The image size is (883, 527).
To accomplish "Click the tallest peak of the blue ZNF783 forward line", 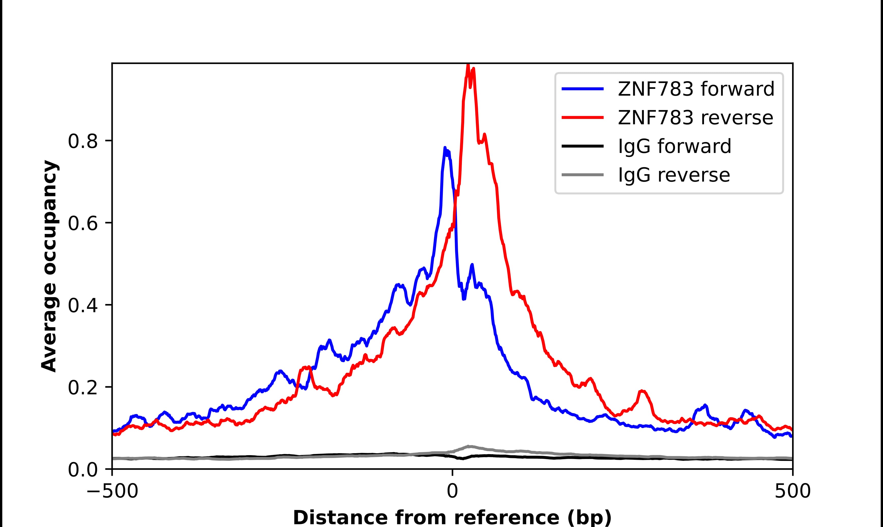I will point(445,148).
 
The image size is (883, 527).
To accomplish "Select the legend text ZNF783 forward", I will point(696,89).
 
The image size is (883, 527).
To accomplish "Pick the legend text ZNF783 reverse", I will point(695,118).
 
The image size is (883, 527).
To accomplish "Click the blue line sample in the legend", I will point(582,89).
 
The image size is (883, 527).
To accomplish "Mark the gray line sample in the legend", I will point(582,175).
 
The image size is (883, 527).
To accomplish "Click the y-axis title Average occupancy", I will point(49,266).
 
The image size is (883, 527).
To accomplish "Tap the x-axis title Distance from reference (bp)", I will point(452,517).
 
